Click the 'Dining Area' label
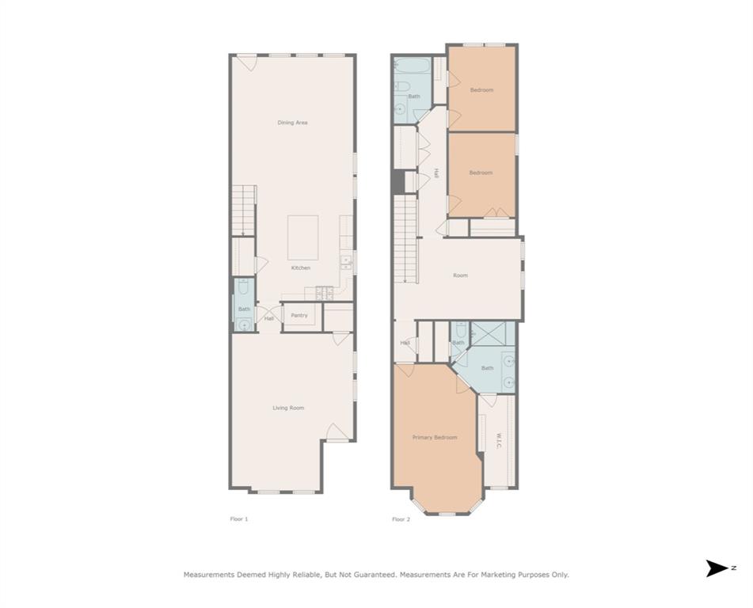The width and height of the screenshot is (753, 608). click(292, 123)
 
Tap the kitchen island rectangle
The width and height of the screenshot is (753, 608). click(302, 237)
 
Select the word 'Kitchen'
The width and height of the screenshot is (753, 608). click(301, 268)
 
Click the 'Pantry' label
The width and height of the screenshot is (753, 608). click(299, 316)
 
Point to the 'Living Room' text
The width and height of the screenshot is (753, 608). click(288, 408)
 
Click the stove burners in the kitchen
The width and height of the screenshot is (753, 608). click(325, 293)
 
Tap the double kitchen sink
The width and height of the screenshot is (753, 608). click(346, 262)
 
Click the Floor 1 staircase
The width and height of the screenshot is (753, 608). click(244, 210)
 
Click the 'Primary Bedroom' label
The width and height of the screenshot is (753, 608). click(435, 437)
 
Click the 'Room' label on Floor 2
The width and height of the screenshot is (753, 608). click(460, 275)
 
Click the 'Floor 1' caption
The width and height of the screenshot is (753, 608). click(238, 519)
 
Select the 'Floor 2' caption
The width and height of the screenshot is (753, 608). click(401, 519)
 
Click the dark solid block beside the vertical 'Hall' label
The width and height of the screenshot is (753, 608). click(398, 181)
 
